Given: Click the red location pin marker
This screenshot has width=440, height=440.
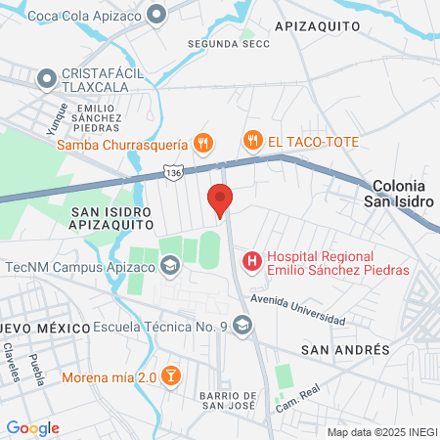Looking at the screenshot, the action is coord(220,199).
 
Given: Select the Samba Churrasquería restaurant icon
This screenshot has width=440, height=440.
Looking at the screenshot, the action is coord(203,143).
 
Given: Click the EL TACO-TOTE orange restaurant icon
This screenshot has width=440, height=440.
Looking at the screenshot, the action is coord(253,141).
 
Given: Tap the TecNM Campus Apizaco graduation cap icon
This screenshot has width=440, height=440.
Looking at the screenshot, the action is coord(170,265).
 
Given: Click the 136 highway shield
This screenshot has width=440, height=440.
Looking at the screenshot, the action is coord(172,172).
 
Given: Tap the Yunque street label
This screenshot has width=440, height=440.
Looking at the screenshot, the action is coord(54,118).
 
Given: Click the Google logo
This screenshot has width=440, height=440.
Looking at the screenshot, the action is coord(33,427).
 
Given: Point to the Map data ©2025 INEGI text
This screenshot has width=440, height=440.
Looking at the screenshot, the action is coord(380,432).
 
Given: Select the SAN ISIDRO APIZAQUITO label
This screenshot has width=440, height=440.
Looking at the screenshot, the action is coord(110,216).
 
